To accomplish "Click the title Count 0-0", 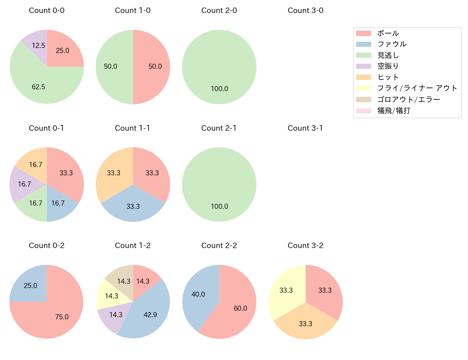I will [x=47, y=10].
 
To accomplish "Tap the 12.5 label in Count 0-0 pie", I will [x=39, y=46].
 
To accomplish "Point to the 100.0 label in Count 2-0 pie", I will [x=220, y=89].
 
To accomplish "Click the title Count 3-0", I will [x=305, y=10].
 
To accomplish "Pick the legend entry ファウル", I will [x=392, y=44].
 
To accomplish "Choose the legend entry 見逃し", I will [x=388, y=55].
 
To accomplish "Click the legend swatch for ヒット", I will [x=364, y=77].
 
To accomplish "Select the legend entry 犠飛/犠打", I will [x=394, y=111].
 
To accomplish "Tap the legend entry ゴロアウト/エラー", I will [x=409, y=99].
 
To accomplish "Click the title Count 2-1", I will [x=219, y=128].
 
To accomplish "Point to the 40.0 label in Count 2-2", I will [x=198, y=294].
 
